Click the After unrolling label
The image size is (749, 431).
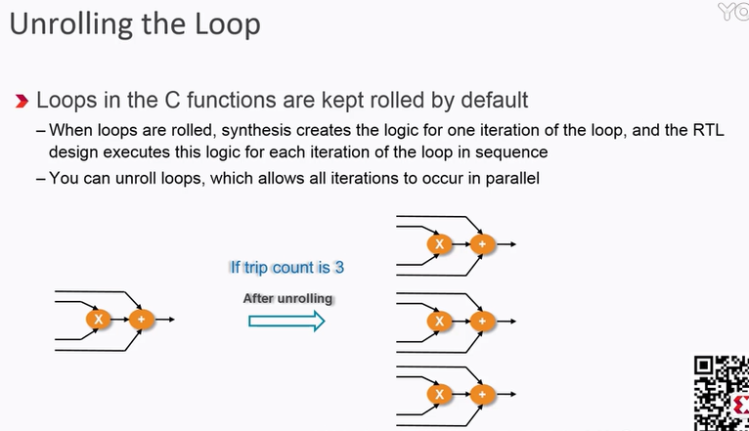click(288, 298)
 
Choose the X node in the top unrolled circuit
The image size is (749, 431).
click(440, 243)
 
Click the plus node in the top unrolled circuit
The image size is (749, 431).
click(479, 243)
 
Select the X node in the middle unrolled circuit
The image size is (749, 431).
click(440, 320)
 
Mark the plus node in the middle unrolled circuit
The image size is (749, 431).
click(479, 320)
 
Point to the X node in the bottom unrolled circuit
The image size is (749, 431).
click(440, 395)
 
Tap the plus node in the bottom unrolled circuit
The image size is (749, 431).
click(479, 395)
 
